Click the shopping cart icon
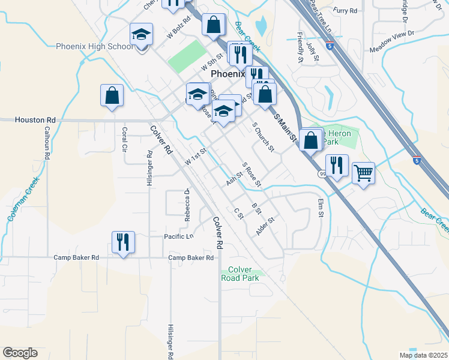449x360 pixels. coord(363,173)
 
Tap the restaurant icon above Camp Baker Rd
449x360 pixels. coord(123,242)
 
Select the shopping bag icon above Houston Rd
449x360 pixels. coord(112,95)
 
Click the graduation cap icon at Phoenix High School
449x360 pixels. coord(141,34)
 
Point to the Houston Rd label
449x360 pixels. coord(35,120)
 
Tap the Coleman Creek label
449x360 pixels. coord(24,199)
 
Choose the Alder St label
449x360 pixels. coord(265,226)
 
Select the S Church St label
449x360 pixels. coord(263,137)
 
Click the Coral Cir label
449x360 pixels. coord(125,139)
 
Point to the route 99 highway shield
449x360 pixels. coord(322,174)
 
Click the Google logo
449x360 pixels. coord(20,353)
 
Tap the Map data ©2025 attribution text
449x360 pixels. coord(423,355)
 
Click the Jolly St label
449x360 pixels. coord(311,52)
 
